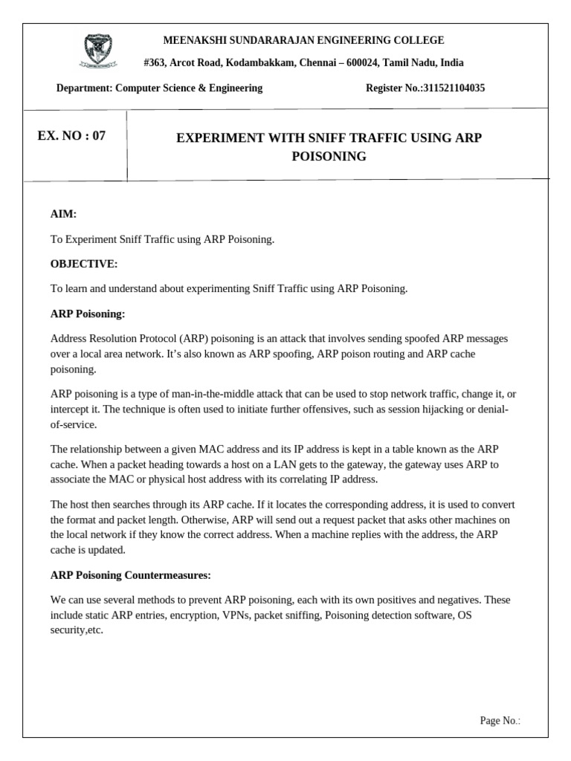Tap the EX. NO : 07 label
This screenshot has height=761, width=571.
coord(71,136)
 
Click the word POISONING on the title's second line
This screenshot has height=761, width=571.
coord(328,157)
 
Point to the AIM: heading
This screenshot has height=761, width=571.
coord(63,214)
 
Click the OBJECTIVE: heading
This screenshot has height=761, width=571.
coord(83,264)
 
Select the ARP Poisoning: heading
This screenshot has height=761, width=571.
coord(87,314)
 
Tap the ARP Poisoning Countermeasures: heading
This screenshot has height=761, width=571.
coord(130,574)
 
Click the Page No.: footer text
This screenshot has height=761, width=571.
coord(500,720)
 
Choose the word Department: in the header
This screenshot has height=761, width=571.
coord(85,88)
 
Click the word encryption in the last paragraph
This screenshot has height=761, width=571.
coord(191,615)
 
